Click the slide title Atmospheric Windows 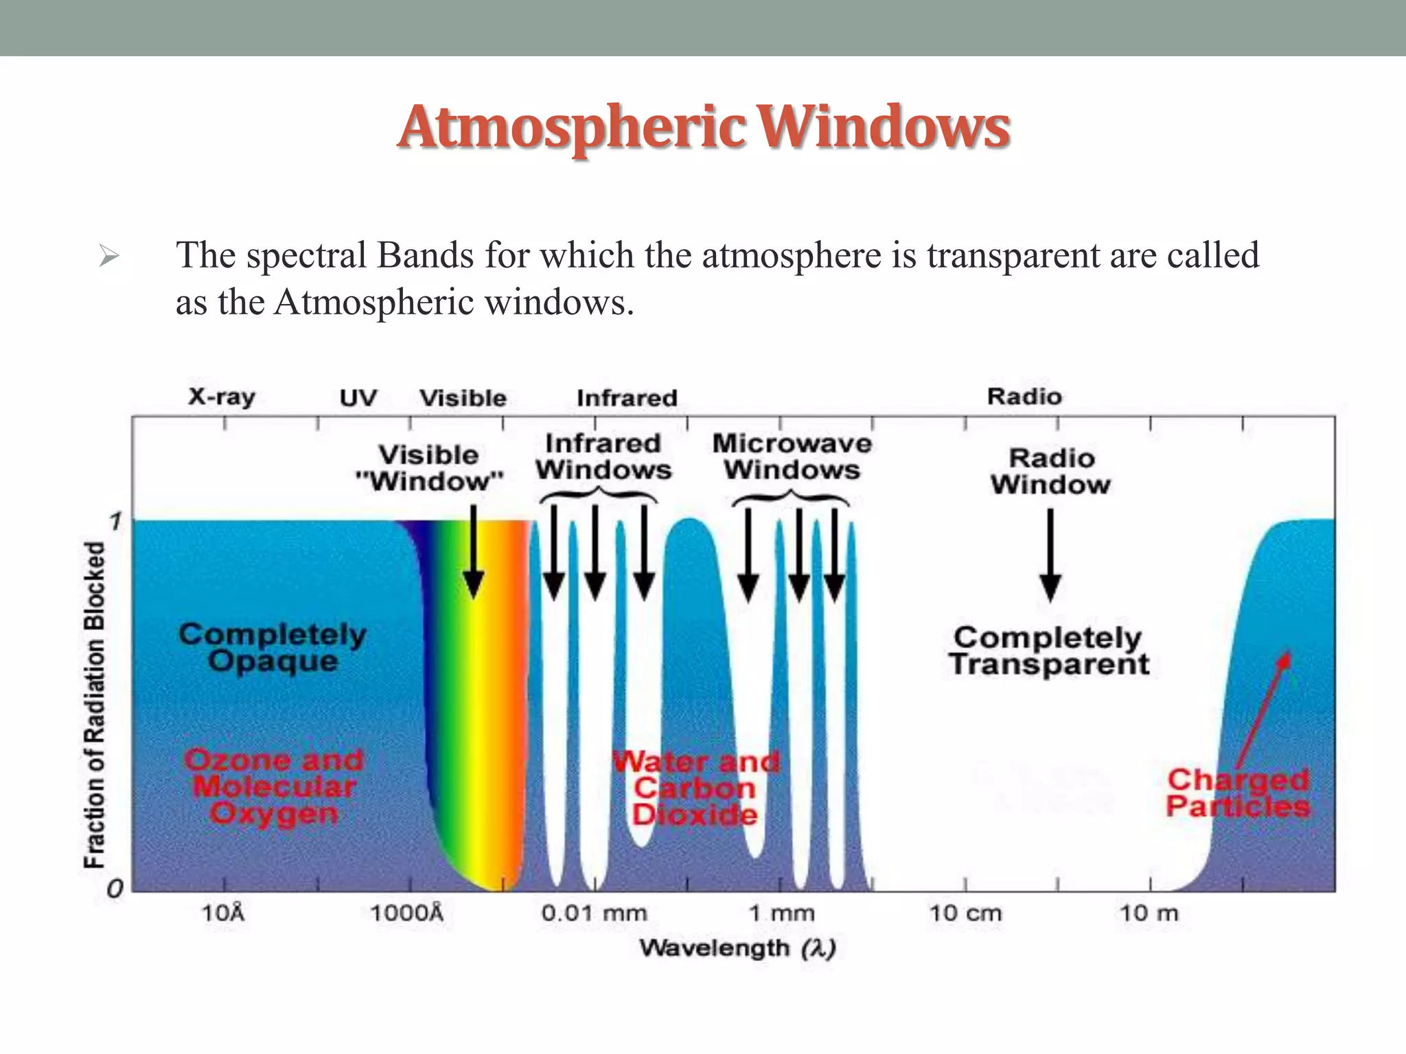pyautogui.click(x=703, y=128)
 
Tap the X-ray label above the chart pyautogui.click(x=222, y=397)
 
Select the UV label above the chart pyautogui.click(x=358, y=398)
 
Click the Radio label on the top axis pyautogui.click(x=1024, y=397)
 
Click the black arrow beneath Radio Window pyautogui.click(x=1050, y=556)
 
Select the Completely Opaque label pyautogui.click(x=273, y=648)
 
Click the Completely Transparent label pyautogui.click(x=1048, y=651)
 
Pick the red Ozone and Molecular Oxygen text pyautogui.click(x=274, y=787)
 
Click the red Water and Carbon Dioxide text pyautogui.click(x=695, y=788)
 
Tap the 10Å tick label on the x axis pyautogui.click(x=223, y=913)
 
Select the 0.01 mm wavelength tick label pyautogui.click(x=594, y=913)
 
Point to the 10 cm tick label pyautogui.click(x=965, y=913)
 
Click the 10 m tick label pyautogui.click(x=1149, y=913)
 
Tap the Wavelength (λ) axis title pyautogui.click(x=737, y=948)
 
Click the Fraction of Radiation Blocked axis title pyautogui.click(x=95, y=705)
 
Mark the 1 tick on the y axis pyautogui.click(x=115, y=522)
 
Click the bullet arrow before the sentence pyautogui.click(x=109, y=257)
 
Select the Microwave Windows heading pyautogui.click(x=792, y=456)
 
